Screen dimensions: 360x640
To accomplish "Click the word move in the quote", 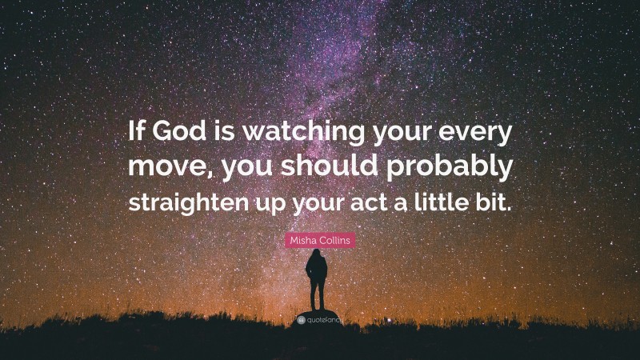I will pyautogui.click(x=161, y=170).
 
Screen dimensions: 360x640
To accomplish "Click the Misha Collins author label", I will pyautogui.click(x=319, y=240).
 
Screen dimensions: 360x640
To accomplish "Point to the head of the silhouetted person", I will pyautogui.click(x=318, y=254).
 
